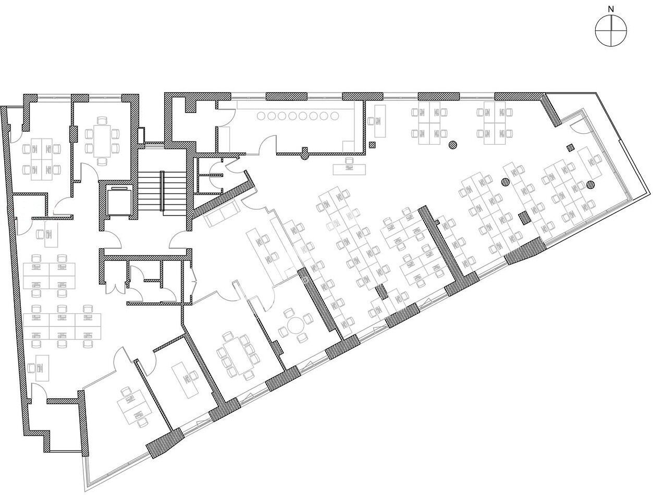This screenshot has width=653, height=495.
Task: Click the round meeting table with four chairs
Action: coord(294,326)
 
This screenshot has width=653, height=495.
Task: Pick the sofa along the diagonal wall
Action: coord(223,213)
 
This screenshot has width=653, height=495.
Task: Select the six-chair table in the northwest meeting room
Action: coord(102,141)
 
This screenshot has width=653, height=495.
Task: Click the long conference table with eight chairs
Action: coord(239,356)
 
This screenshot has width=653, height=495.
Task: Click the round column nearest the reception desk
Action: coord(452,145)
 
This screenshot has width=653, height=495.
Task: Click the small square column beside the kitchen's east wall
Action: coord(372,145)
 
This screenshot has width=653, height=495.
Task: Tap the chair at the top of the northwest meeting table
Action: coord(102,121)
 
